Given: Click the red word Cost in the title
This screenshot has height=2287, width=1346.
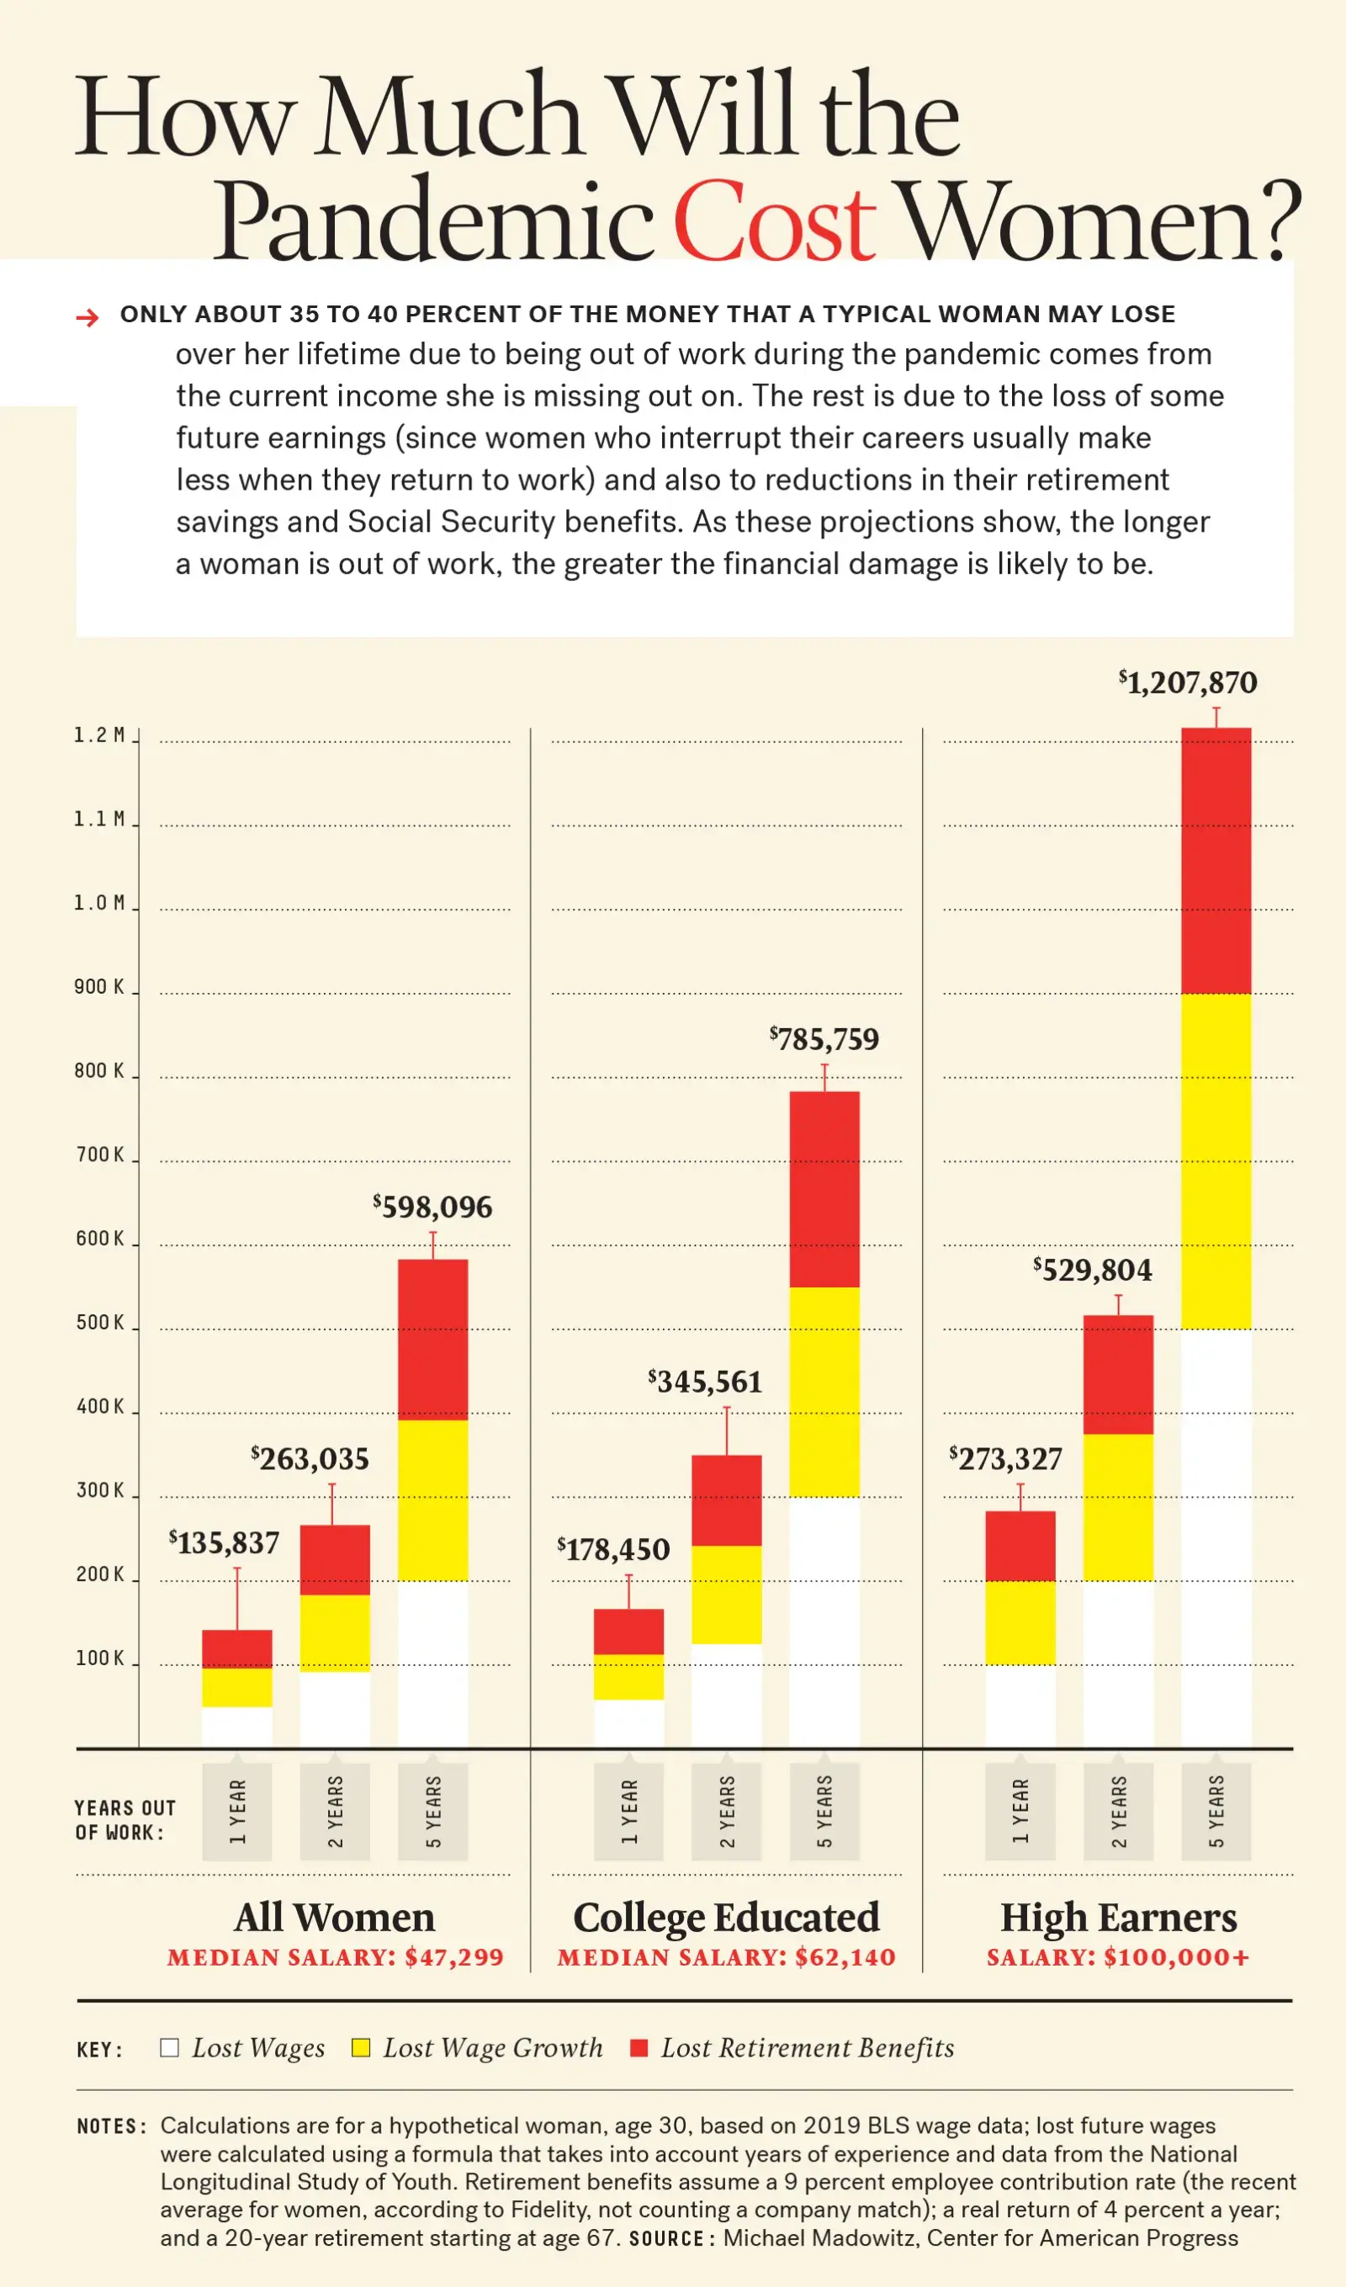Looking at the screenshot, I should tap(773, 222).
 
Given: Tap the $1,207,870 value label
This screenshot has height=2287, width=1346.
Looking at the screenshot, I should tap(1188, 683).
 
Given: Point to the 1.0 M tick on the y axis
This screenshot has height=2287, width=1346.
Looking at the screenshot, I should tap(99, 903).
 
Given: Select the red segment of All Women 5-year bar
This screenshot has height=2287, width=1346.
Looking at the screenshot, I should tap(433, 1339).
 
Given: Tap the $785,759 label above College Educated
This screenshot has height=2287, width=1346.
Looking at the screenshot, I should tap(824, 1039).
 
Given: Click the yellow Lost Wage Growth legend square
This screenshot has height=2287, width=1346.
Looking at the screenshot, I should tap(361, 2047).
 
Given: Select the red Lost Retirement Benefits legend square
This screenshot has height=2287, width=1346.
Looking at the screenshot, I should tap(639, 2047).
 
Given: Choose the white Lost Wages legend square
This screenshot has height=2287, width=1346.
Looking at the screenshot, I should tap(170, 2047).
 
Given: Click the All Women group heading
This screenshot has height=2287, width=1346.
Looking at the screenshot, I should tap(335, 1918).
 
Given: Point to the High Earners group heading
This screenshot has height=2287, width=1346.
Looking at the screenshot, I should tap(1118, 1918).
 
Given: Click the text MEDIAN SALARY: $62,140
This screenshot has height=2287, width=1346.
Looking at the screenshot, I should tap(726, 1957).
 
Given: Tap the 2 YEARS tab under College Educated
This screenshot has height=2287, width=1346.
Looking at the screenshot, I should tap(726, 1812).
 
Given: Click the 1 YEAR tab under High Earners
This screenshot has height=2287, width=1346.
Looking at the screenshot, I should tap(1020, 1812).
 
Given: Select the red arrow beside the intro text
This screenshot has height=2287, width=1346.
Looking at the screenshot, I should tap(87, 316).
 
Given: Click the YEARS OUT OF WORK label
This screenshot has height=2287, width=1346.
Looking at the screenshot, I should tap(125, 1820).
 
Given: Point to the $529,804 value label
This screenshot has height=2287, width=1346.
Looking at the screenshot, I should tap(1093, 1271).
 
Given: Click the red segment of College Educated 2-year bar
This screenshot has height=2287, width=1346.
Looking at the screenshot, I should tap(726, 1500).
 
